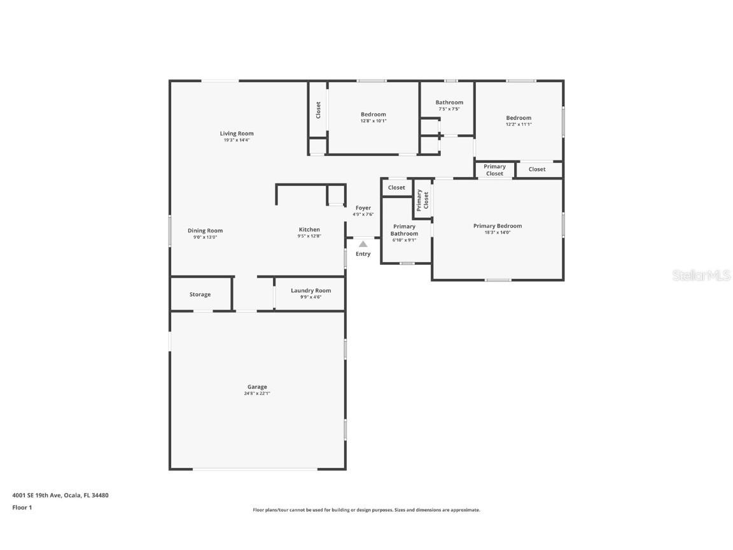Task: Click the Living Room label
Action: click(237, 134)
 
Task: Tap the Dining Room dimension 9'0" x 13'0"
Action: click(205, 237)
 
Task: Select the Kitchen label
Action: click(309, 230)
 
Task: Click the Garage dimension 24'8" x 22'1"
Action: click(257, 393)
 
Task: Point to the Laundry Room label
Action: click(311, 290)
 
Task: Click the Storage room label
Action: click(200, 295)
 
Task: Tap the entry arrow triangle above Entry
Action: click(363, 244)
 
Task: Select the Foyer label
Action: click(363, 208)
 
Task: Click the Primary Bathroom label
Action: click(404, 230)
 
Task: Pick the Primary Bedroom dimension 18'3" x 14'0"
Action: click(497, 232)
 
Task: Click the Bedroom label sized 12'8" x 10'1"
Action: click(373, 115)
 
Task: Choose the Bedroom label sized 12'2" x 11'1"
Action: click(519, 118)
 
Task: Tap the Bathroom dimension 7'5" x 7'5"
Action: click(449, 109)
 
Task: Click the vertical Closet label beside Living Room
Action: click(319, 110)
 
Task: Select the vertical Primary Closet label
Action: click(422, 200)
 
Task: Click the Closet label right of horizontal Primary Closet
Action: click(537, 169)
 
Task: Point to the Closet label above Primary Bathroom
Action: click(396, 188)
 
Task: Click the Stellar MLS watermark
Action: click(702, 275)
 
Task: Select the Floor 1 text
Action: click(22, 507)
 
